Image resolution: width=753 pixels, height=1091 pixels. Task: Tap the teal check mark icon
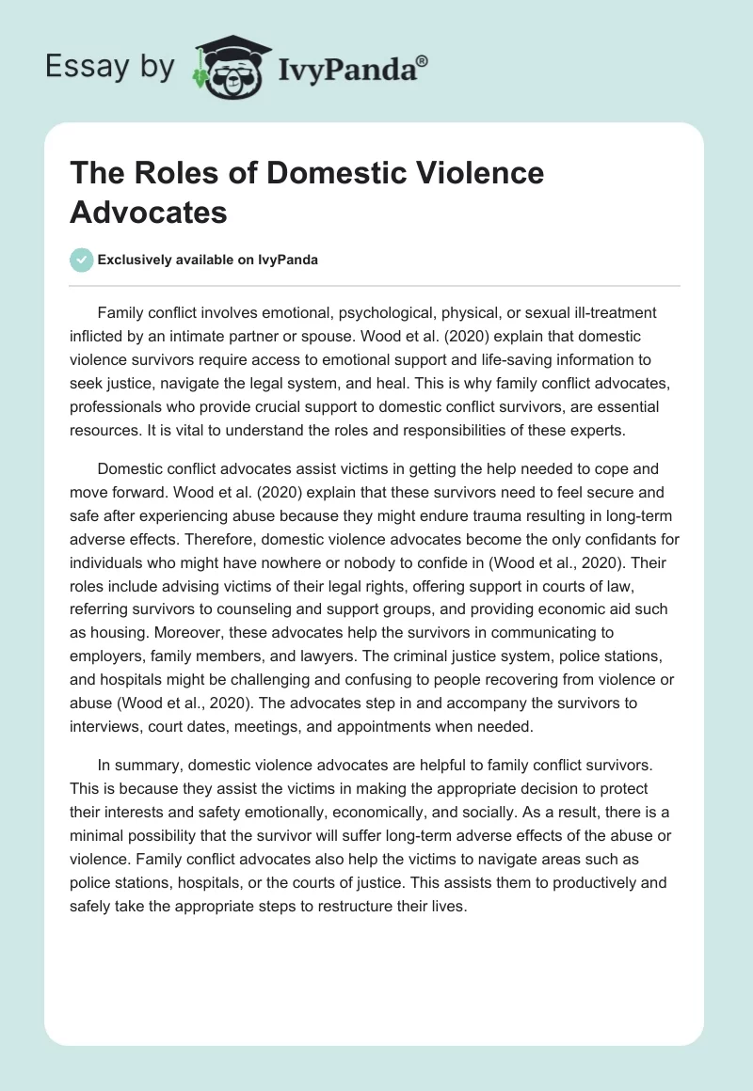pyautogui.click(x=82, y=260)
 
